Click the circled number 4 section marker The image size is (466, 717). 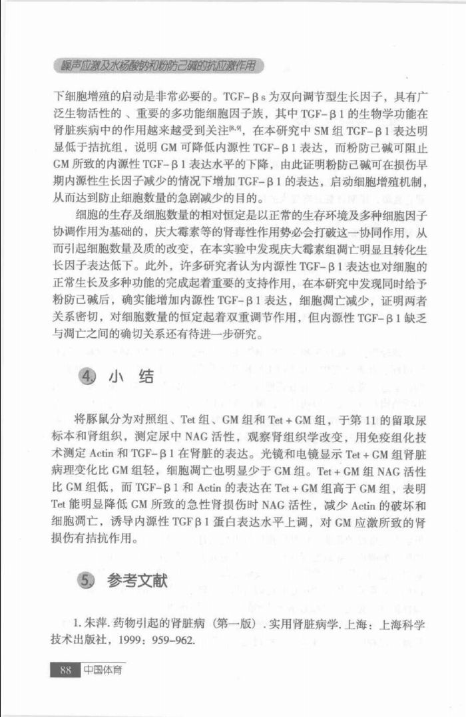click(87, 378)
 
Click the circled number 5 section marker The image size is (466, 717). click(87, 581)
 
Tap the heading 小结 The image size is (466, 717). click(132, 377)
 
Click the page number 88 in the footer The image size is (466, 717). click(65, 670)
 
